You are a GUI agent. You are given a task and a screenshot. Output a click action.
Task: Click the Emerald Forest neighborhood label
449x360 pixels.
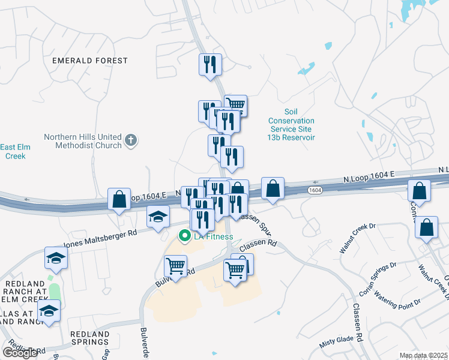tap(89, 61)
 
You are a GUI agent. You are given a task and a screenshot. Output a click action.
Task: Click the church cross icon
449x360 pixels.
tap(131, 142)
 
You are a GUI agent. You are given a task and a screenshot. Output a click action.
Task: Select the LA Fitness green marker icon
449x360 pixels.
tap(185, 236)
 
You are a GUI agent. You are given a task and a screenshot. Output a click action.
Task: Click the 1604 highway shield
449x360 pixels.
tap(315, 190)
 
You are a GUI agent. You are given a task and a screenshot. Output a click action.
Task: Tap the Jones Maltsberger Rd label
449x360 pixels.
tap(101, 238)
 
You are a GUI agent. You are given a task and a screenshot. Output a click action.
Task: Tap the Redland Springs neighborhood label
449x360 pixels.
tap(89, 338)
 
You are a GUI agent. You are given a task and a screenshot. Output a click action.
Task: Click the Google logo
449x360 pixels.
tap(20, 353)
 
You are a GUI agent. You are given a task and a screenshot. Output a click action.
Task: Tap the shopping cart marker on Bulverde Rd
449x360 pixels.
tap(175, 266)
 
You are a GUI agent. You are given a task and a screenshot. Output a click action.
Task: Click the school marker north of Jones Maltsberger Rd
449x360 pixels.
tap(158, 216)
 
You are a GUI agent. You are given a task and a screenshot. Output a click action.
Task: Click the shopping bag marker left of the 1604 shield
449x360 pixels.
tap(273, 188)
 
